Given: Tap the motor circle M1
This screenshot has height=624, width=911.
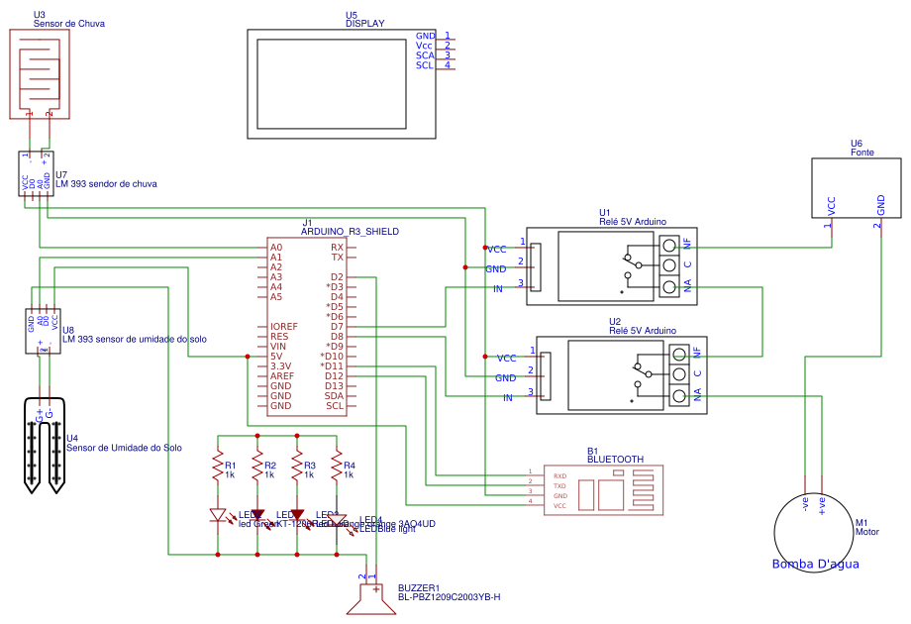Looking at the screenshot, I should point(814,533).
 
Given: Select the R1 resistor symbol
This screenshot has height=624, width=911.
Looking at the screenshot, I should point(217,466).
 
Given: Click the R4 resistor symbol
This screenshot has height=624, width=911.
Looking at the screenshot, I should point(337,466).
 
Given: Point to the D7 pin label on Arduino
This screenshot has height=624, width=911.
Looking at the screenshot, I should point(337,326).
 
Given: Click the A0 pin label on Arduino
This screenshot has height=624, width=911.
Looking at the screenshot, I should point(276,247).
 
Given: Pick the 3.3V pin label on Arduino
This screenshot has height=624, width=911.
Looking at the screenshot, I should point(281,365).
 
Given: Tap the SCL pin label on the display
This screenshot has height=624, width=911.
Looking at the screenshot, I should point(424,65).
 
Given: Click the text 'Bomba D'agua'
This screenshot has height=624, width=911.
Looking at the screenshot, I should point(815,565).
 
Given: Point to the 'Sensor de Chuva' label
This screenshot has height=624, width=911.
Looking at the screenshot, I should point(68,23).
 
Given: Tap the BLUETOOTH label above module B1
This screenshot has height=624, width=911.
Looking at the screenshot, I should point(615,460).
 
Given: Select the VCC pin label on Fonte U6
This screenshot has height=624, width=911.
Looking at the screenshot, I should point(831,205).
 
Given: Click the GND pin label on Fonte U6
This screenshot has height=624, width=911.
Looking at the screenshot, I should point(880,205).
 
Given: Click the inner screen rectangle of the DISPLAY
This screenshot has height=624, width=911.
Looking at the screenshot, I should point(332,84).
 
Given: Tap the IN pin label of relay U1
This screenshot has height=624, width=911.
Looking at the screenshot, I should point(498,288).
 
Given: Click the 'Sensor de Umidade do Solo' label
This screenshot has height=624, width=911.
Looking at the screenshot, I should point(124,448).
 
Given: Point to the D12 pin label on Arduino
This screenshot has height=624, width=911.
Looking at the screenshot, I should point(334,375).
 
